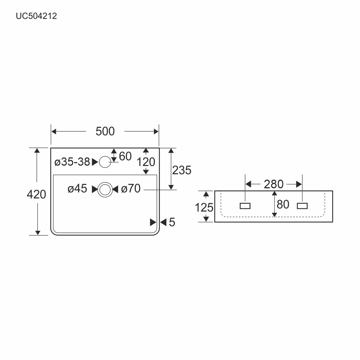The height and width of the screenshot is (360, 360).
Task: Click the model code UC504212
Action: pyautogui.click(x=36, y=16)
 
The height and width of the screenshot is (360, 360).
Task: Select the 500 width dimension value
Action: pyautogui.click(x=105, y=131)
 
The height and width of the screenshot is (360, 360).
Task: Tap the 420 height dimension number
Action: pyautogui.click(x=36, y=194)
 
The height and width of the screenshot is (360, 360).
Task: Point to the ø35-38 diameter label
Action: pyautogui.click(x=72, y=162)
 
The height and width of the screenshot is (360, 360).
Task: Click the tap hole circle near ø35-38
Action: pyautogui.click(x=105, y=162)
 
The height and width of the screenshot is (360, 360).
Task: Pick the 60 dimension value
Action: pyautogui.click(x=125, y=156)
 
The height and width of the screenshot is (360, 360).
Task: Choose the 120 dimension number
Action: pyautogui.click(x=146, y=162)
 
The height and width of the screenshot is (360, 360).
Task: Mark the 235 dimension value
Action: pyautogui.click(x=181, y=170)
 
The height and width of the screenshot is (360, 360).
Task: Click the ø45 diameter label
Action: pyautogui.click(x=77, y=189)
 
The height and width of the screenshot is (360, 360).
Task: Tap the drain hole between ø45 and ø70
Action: pyautogui.click(x=105, y=190)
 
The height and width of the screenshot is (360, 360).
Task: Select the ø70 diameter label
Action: pyautogui.click(x=131, y=189)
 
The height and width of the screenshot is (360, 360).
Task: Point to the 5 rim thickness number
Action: pyautogui.click(x=172, y=222)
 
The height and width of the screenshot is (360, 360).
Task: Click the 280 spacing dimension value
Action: pyautogui.click(x=274, y=184)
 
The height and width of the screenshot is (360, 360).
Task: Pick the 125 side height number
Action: pyautogui.click(x=204, y=208)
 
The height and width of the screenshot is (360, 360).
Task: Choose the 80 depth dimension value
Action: pyautogui.click(x=283, y=204)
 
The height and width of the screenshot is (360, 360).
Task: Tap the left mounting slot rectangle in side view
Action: pyautogui.click(x=245, y=206)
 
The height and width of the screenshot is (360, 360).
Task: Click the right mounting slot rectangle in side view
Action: pyautogui.click(x=302, y=206)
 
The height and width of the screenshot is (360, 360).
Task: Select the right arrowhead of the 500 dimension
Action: pyautogui.click(x=156, y=131)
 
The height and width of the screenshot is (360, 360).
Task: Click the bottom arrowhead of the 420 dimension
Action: pyautogui.click(x=38, y=233)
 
